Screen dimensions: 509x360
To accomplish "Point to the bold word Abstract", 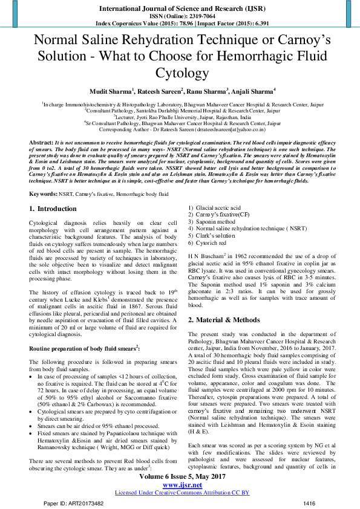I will (41, 141).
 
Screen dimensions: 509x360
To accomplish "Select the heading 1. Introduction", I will (53, 209).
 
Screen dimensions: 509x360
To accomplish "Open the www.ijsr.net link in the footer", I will (180, 485).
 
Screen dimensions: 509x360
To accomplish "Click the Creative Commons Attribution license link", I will (182, 493).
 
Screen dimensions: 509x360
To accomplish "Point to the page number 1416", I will (309, 503).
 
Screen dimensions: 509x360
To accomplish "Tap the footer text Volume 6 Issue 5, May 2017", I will (180, 478).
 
